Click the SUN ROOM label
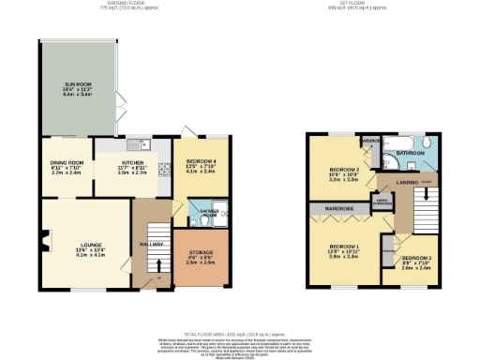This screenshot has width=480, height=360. (75, 82)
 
